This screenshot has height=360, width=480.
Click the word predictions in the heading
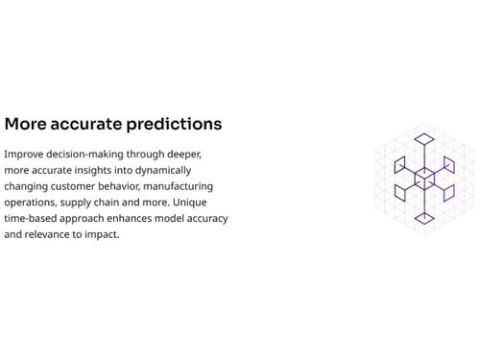point(180,125)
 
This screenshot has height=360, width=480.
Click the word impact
point(104,235)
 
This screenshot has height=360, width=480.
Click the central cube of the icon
point(423,180)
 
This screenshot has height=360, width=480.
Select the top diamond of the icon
point(423,140)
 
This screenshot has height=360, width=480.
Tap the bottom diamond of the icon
point(423,219)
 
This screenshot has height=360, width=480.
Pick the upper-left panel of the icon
point(400,165)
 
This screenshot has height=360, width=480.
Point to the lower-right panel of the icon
point(447,193)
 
